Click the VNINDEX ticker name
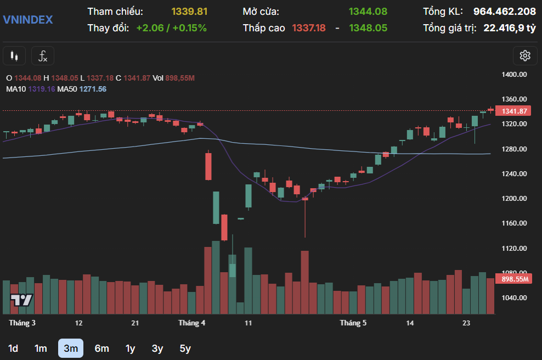point(28,20)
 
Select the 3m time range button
point(71,348)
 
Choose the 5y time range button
point(185,348)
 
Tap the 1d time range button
point(13,348)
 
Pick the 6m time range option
point(101,348)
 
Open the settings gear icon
point(525,55)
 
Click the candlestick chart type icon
point(14,56)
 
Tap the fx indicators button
point(43,56)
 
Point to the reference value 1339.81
point(189,12)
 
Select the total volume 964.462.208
point(504,12)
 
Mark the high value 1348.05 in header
point(368,27)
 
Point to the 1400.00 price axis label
point(515,75)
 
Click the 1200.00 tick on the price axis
point(515,199)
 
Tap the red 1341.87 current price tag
point(515,111)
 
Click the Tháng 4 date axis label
point(191,323)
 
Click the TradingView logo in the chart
point(22,300)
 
